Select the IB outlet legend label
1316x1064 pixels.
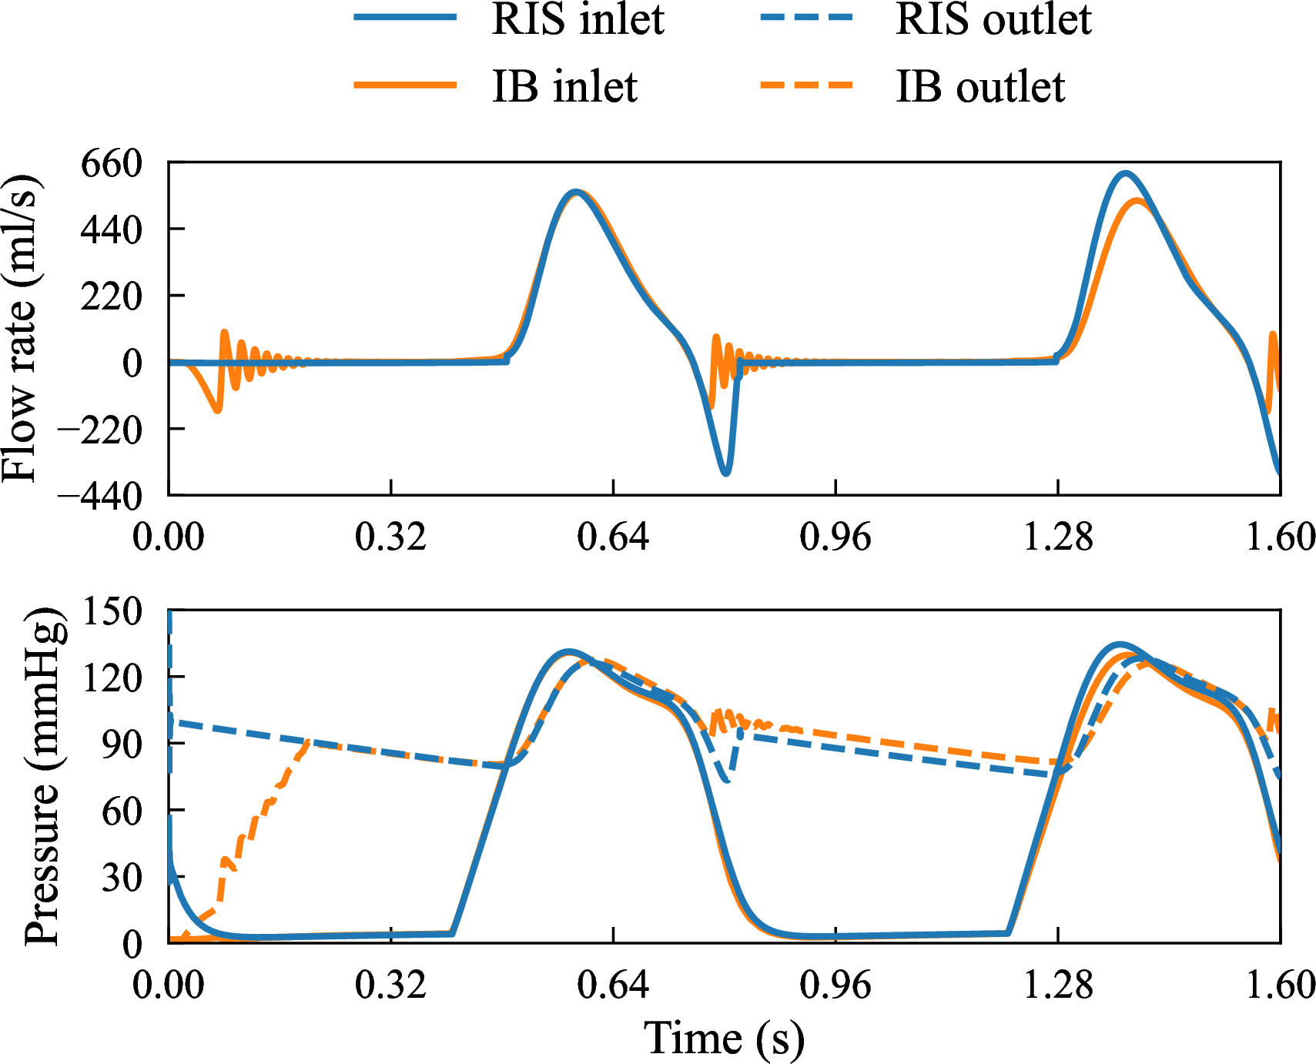point(980,86)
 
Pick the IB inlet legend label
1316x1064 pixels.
point(564,86)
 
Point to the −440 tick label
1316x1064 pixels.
point(101,496)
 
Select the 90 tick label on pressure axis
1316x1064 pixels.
point(122,744)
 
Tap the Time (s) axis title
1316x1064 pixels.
point(724,1039)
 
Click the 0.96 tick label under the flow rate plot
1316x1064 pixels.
point(835,537)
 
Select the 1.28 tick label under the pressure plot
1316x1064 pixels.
point(1057,985)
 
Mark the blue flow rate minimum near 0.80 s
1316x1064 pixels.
point(725,472)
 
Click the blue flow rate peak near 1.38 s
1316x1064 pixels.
point(1125,174)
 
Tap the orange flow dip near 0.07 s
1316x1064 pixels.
point(217,410)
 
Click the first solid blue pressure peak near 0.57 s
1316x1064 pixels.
point(568,652)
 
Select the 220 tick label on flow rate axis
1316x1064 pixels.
point(112,296)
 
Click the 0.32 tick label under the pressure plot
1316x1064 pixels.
point(390,985)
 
